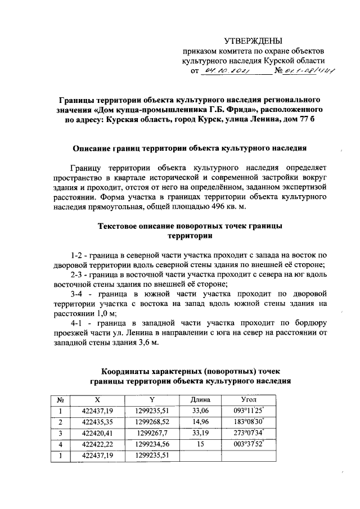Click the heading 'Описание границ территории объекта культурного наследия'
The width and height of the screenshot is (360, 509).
tap(190, 149)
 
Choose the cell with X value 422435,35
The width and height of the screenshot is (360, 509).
tap(97, 421)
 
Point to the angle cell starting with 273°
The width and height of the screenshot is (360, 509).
tap(248, 433)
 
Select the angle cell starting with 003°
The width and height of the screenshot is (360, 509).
tap(248, 444)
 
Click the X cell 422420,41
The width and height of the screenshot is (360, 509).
tap(97, 433)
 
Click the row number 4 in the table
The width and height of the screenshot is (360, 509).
tap(60, 444)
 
